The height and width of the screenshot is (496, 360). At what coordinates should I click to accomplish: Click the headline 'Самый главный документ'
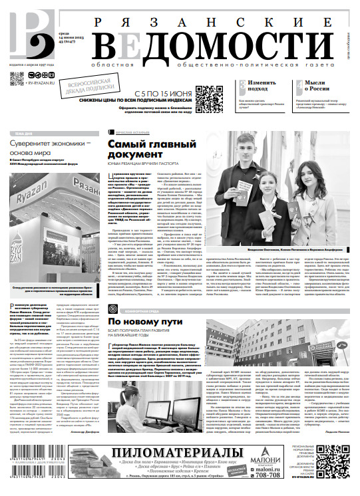tap(144, 150)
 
